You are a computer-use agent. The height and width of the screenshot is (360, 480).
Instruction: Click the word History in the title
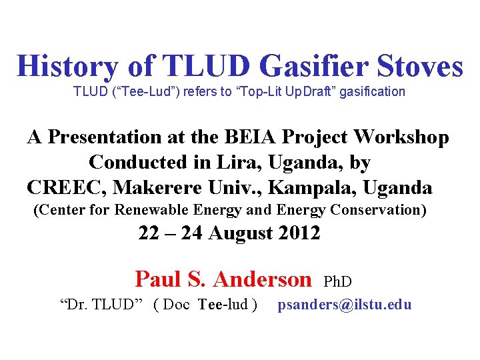tap(67, 66)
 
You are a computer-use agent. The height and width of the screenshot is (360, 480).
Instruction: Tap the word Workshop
tap(403, 137)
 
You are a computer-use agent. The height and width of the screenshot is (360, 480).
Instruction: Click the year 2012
tap(297, 234)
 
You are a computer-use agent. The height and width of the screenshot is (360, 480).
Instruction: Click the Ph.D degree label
tap(337, 282)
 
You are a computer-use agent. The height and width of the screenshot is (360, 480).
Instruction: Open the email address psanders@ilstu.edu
tap(345, 305)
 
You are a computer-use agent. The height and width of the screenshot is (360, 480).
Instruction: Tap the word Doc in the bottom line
tap(176, 305)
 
